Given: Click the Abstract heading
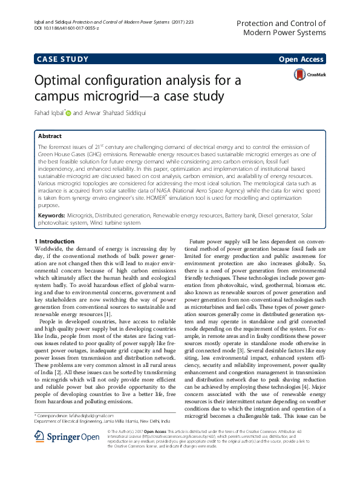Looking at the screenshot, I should tap(50, 137).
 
